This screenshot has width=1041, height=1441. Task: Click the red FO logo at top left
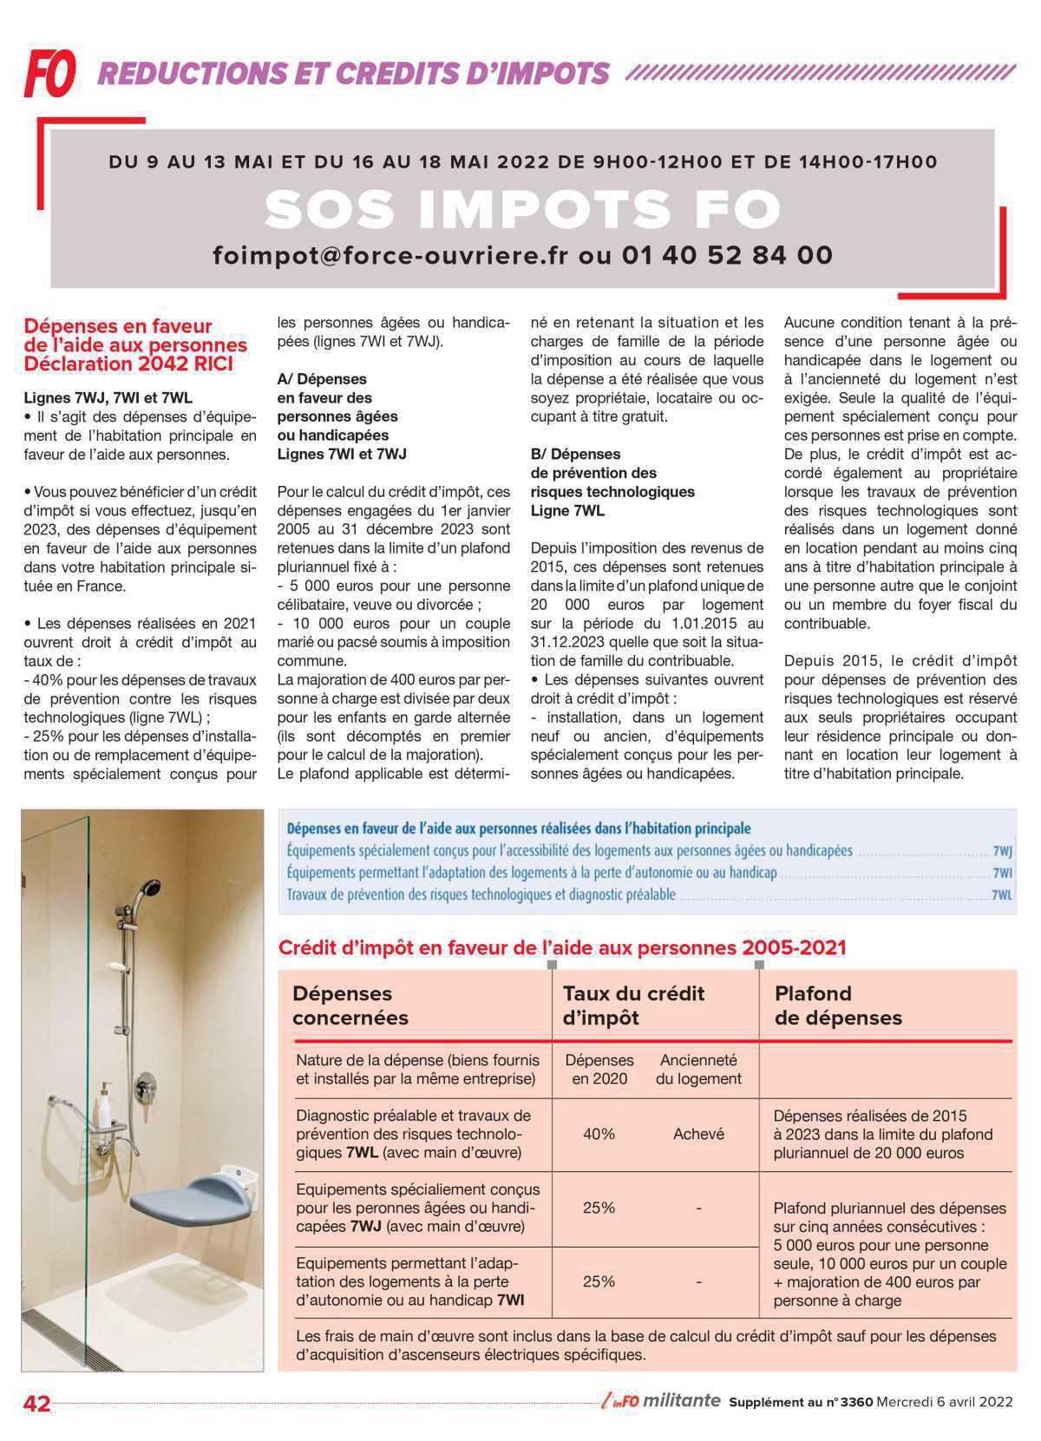click(x=49, y=72)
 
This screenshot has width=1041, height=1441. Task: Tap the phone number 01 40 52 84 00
click(x=727, y=255)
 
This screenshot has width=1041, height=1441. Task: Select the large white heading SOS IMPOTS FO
click(x=523, y=209)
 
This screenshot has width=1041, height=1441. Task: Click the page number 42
click(x=37, y=1403)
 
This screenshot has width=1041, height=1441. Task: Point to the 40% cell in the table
click(x=599, y=1134)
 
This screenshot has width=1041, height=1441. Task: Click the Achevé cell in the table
click(x=698, y=1134)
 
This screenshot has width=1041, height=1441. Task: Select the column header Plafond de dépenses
click(x=837, y=1005)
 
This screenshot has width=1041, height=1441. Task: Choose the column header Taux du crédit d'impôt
click(x=633, y=1005)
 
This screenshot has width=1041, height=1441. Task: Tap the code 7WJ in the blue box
click(x=1002, y=851)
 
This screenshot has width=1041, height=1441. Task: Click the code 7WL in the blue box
click(x=1002, y=894)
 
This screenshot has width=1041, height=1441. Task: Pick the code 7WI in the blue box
click(x=1002, y=873)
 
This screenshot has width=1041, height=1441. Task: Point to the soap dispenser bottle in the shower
click(x=104, y=1104)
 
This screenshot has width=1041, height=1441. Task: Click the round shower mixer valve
click(x=146, y=1084)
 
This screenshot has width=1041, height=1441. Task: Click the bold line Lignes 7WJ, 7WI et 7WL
click(x=108, y=398)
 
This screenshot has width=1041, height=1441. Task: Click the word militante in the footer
click(x=683, y=1401)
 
